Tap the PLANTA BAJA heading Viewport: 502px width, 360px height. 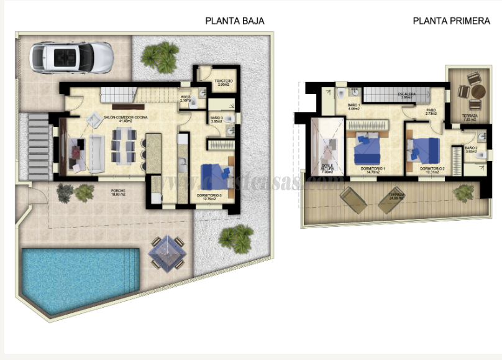[235, 21]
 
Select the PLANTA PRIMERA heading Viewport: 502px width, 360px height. [451, 21]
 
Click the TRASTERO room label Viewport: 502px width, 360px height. [223, 82]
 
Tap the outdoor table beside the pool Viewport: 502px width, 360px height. [169, 254]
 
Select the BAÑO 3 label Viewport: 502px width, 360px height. [217, 118]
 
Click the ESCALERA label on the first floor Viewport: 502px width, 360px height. [407, 95]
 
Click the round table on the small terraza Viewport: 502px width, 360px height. [477, 91]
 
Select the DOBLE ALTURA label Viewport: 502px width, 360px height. [327, 170]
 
